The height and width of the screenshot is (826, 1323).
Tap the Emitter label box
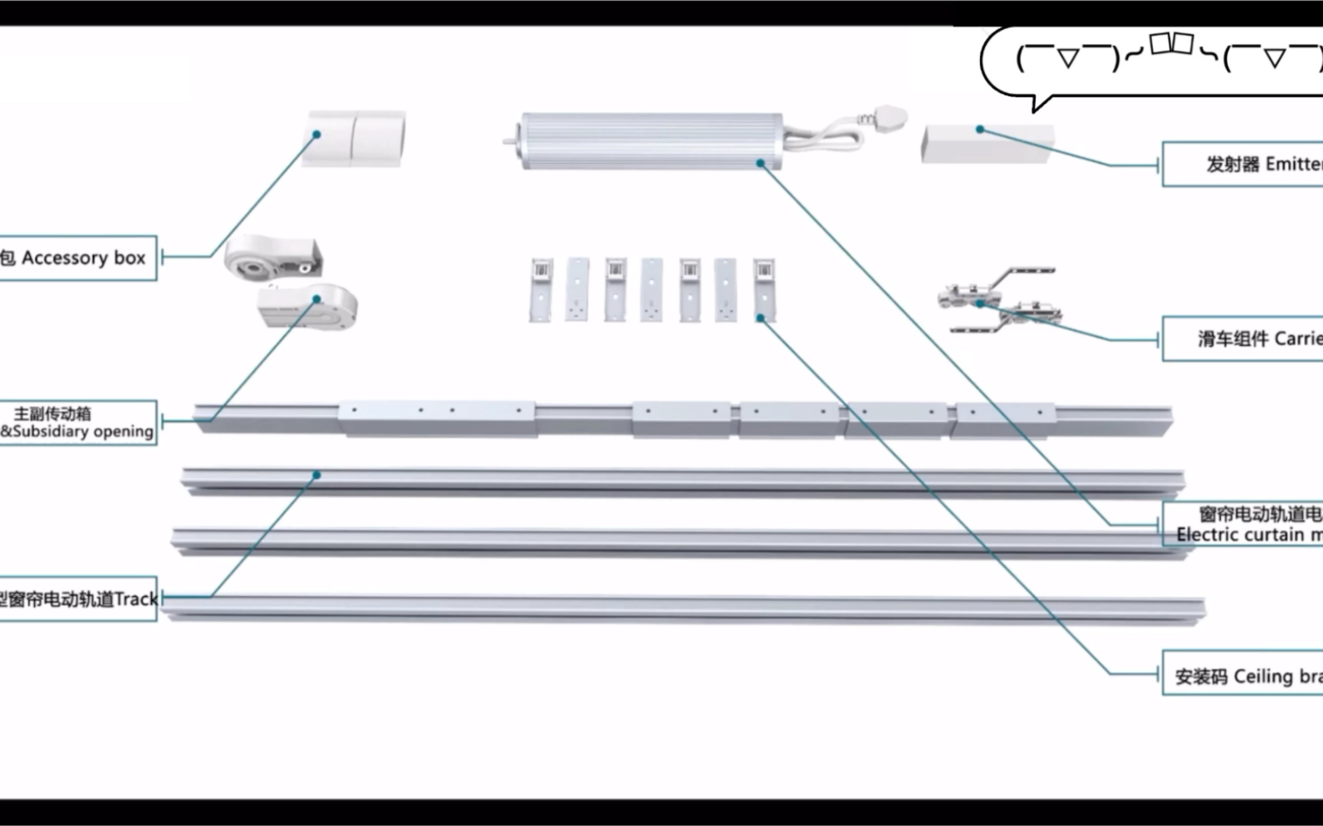[1242, 164]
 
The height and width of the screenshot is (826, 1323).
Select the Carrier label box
[1242, 338]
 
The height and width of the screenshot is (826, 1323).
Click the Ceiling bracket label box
[1242, 676]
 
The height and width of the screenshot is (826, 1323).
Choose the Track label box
[78, 599]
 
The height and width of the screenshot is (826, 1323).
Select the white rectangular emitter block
[987, 144]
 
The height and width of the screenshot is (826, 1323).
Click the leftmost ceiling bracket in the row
[541, 289]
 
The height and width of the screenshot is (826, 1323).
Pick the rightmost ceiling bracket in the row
[763, 289]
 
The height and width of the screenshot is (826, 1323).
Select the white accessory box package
[354, 139]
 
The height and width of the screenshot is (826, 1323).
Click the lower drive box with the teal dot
[307, 305]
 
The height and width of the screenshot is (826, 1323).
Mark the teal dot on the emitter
[980, 130]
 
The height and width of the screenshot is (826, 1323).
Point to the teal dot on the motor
[760, 164]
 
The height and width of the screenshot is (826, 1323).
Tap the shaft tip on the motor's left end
[507, 141]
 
